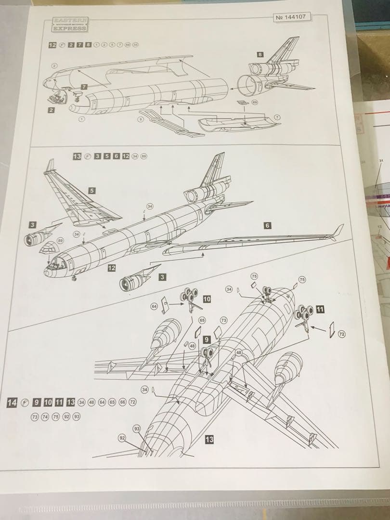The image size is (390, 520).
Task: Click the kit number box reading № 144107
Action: [x=292, y=17]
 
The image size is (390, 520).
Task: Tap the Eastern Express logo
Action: [x=70, y=25]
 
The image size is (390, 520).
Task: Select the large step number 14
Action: [x=13, y=402]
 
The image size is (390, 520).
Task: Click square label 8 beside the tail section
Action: [x=260, y=55]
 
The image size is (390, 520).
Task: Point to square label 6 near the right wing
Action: [x=268, y=225]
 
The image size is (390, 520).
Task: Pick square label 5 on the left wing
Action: [x=91, y=190]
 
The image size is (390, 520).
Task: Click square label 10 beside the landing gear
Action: [x=207, y=299]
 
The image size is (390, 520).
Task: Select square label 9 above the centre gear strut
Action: [x=206, y=339]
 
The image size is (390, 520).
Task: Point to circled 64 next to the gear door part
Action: [x=155, y=306]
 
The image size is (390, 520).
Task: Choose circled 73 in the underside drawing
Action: [x=223, y=320]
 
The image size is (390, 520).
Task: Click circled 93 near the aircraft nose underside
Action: [x=137, y=429]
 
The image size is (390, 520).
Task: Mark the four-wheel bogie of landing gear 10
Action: [x=189, y=296]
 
